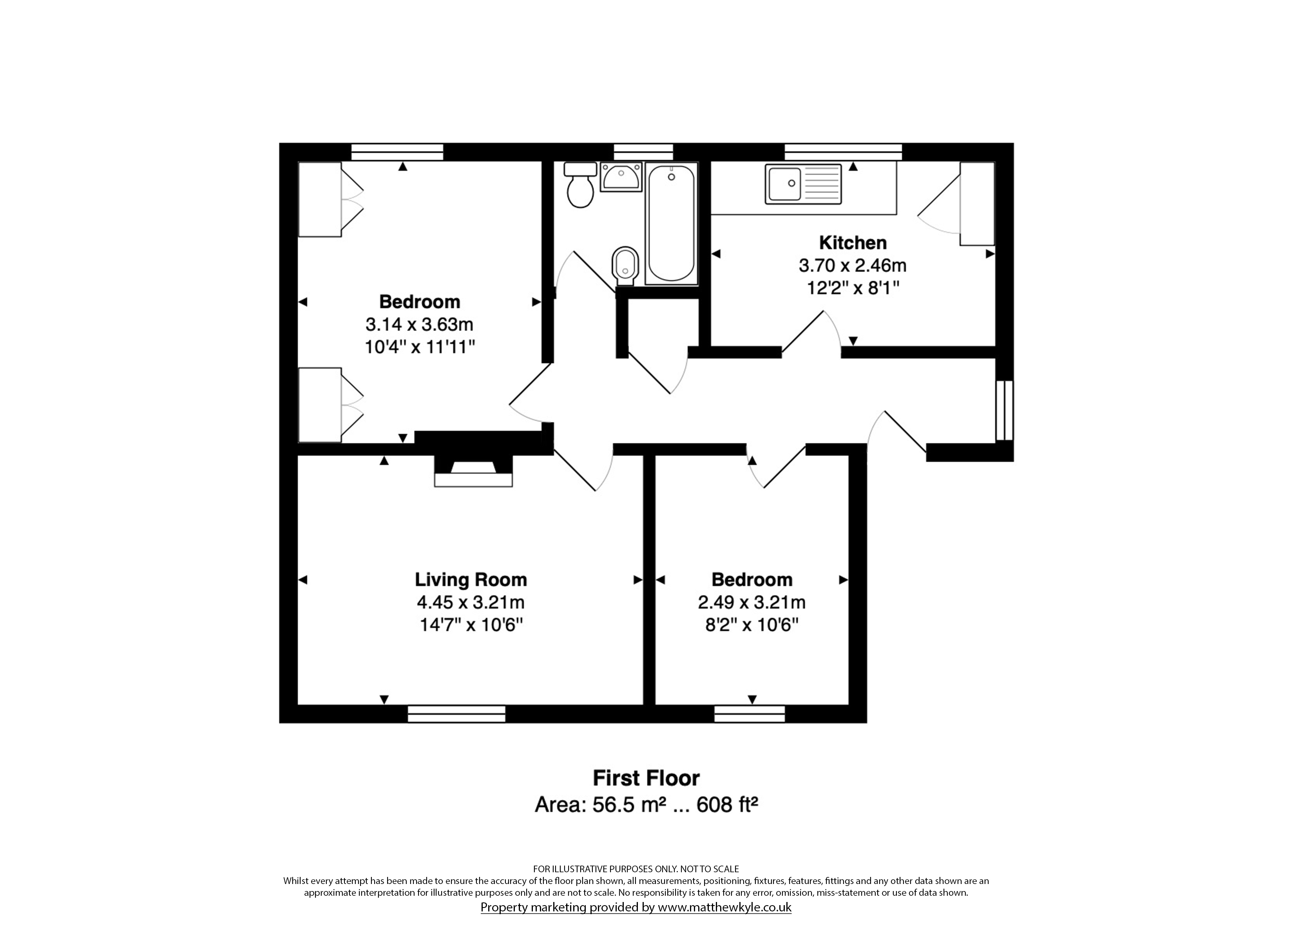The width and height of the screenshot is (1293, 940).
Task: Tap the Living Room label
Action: point(470,580)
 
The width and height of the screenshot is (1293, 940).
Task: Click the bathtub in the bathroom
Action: point(672,224)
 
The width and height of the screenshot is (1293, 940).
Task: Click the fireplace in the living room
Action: point(473,471)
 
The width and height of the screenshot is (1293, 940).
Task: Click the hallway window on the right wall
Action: point(1005,410)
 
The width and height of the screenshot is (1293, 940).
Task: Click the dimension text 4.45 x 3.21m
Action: point(470,602)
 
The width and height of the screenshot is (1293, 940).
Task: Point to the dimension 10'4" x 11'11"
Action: point(420,347)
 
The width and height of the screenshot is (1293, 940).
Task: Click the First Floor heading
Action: point(646,778)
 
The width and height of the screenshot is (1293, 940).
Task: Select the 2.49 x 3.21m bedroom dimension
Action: point(752,602)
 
